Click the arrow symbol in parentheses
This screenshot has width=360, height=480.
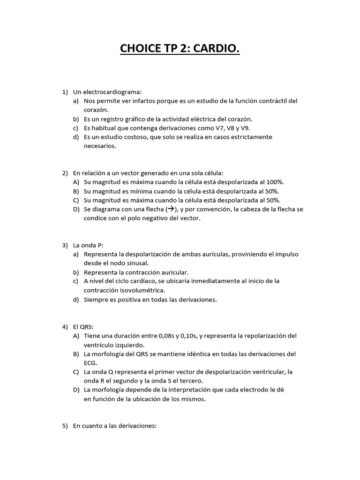(171, 209)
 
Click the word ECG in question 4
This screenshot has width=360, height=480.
(90, 363)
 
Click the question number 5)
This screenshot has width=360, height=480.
(65, 426)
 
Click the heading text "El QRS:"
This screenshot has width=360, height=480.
(80, 326)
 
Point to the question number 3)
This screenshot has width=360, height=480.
(65, 245)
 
